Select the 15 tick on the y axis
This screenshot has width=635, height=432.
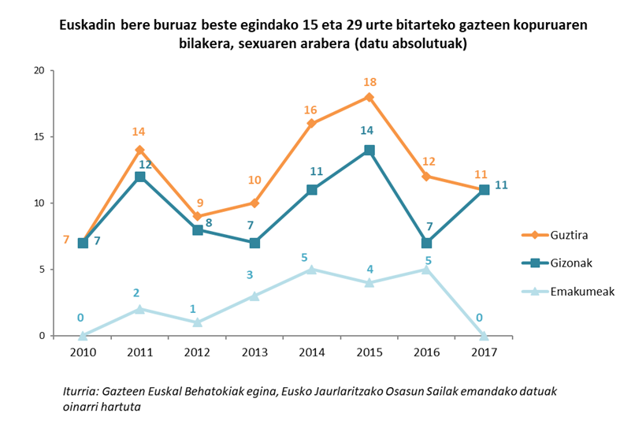point(37,136)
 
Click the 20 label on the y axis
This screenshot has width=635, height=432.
point(37,70)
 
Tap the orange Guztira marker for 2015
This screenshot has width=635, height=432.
point(369,97)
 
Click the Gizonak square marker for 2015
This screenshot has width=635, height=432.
point(369,150)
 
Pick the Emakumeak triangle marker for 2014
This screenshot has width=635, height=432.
point(312,269)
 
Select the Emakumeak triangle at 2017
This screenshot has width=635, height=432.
point(484,335)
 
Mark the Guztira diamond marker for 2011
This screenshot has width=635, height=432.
point(140,150)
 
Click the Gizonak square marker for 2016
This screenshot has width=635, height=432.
point(426,243)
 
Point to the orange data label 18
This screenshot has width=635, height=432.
point(369,81)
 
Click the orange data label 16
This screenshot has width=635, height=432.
point(311,110)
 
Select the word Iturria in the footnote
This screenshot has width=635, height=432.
point(82,392)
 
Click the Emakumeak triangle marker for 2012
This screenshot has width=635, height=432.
point(197,322)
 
